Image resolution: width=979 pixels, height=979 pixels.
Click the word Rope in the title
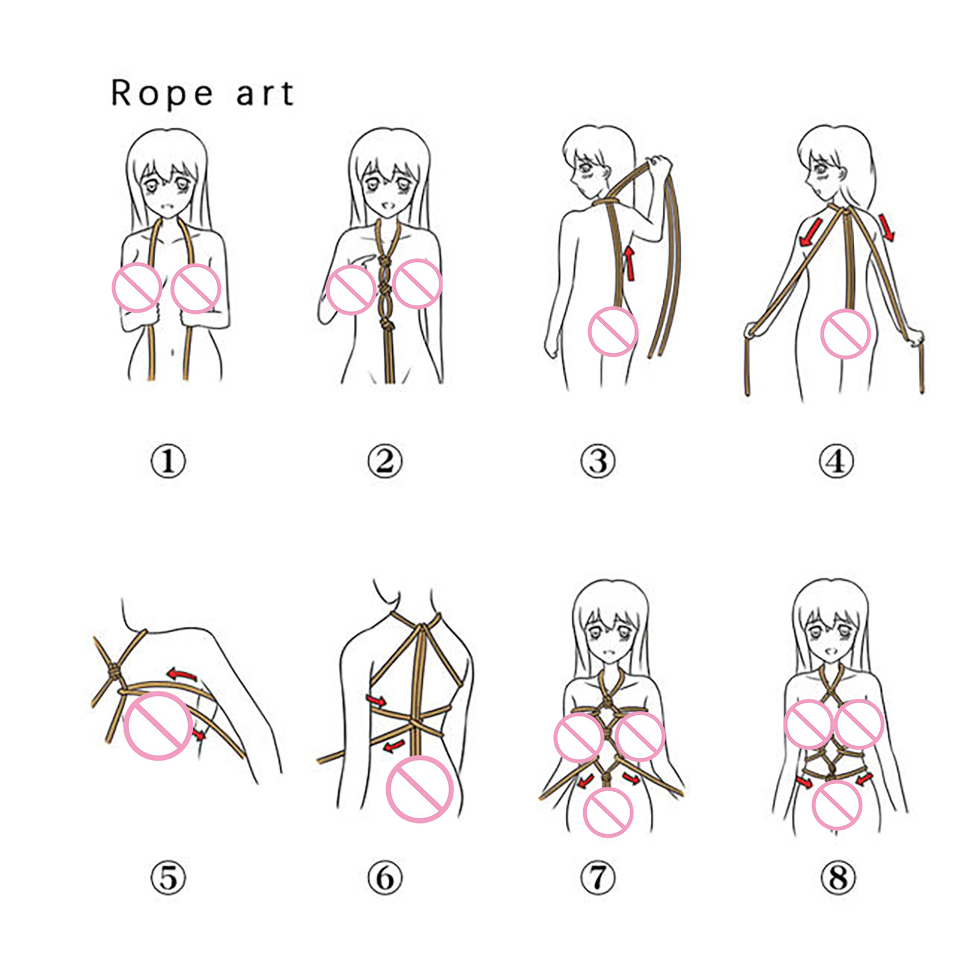click(162, 94)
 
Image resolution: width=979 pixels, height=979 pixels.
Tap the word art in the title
click(265, 94)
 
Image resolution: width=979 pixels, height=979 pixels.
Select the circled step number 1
click(168, 461)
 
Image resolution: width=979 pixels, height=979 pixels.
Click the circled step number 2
click(385, 461)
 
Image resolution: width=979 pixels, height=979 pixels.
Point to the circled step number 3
click(598, 461)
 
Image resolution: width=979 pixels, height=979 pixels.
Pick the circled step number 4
click(836, 461)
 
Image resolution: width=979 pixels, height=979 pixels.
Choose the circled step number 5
click(168, 878)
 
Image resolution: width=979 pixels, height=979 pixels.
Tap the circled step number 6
click(385, 878)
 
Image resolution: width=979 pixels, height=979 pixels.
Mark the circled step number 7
click(598, 878)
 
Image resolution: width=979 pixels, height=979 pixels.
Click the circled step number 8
click(838, 878)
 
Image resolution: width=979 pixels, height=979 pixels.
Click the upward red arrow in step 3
click(630, 263)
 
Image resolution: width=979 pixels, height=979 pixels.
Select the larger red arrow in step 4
click(810, 233)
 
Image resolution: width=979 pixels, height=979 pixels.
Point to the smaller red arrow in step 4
click(887, 226)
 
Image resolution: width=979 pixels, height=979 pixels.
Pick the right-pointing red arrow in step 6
click(376, 701)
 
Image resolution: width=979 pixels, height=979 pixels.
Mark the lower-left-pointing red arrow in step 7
click(586, 781)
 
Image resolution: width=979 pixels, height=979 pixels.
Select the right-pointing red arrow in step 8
click(804, 783)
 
